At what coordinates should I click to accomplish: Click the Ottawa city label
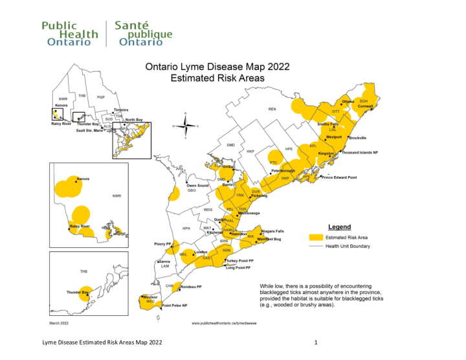(x=348, y=102)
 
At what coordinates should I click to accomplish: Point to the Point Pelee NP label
(x=175, y=305)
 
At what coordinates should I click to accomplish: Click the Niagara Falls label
(x=272, y=231)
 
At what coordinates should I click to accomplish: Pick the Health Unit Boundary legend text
(x=351, y=245)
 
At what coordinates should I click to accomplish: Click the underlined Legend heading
(x=340, y=227)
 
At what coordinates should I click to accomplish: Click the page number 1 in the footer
(x=315, y=341)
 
